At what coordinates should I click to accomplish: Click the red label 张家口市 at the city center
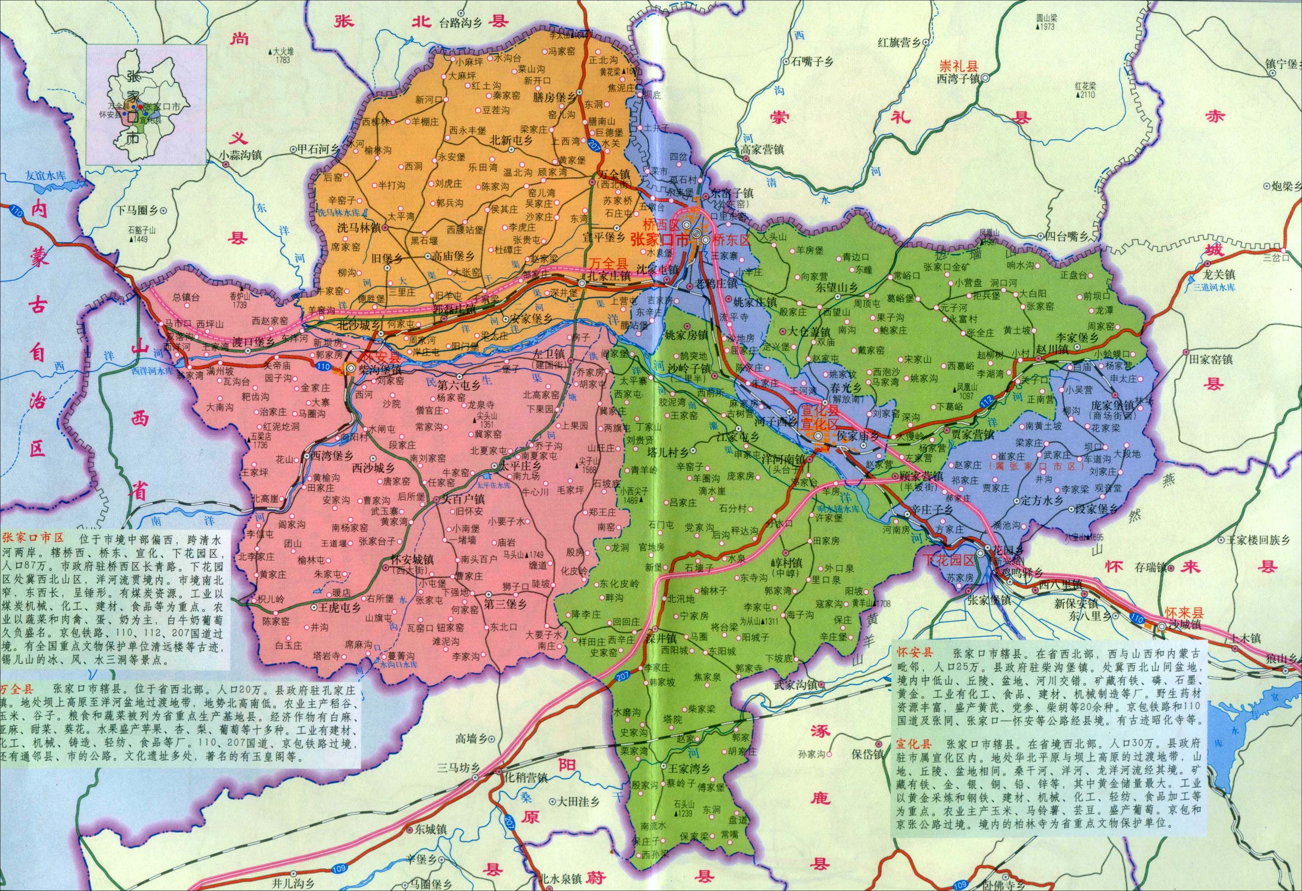pos(659,240)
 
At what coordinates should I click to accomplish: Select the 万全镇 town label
pos(615,175)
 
